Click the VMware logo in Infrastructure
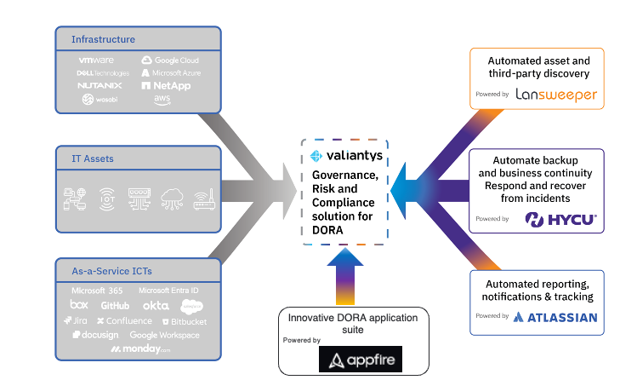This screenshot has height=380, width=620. point(96,60)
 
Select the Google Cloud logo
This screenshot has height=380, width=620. point(170,60)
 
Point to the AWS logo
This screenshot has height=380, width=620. point(162,101)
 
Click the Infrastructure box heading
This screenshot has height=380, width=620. point(103,39)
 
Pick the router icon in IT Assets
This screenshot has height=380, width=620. point(203,199)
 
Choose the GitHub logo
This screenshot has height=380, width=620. point(115,305)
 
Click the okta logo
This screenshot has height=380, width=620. point(155,305)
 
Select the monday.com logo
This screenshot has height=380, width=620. point(141,350)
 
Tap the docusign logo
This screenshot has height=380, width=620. point(95,336)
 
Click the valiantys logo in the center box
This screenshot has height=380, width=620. point(344,156)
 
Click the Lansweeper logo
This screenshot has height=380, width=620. point(556,95)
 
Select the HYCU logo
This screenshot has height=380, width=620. point(561,220)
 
